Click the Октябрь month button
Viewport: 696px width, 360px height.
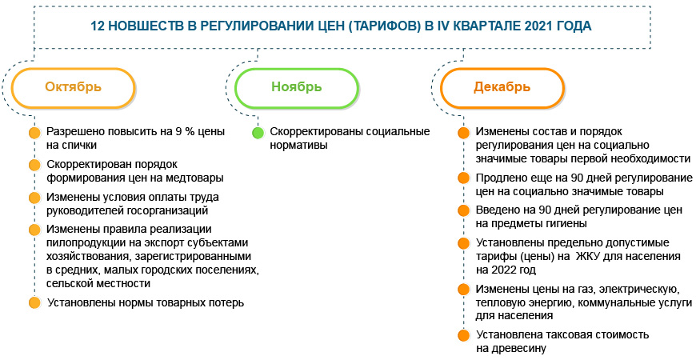pyautogui.click(x=73, y=87)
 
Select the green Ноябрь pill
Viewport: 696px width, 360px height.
pyautogui.click(x=297, y=87)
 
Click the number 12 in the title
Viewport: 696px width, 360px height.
pyautogui.click(x=101, y=26)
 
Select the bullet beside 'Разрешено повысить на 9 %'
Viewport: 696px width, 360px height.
pyautogui.click(x=34, y=133)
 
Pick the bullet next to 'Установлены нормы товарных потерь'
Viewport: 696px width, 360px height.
pyautogui.click(x=34, y=303)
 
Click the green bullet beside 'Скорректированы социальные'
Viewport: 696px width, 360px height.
pyautogui.click(x=258, y=133)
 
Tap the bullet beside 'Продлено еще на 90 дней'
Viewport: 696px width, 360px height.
pyautogui.click(x=463, y=178)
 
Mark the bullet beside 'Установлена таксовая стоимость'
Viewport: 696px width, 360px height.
pyautogui.click(x=463, y=334)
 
